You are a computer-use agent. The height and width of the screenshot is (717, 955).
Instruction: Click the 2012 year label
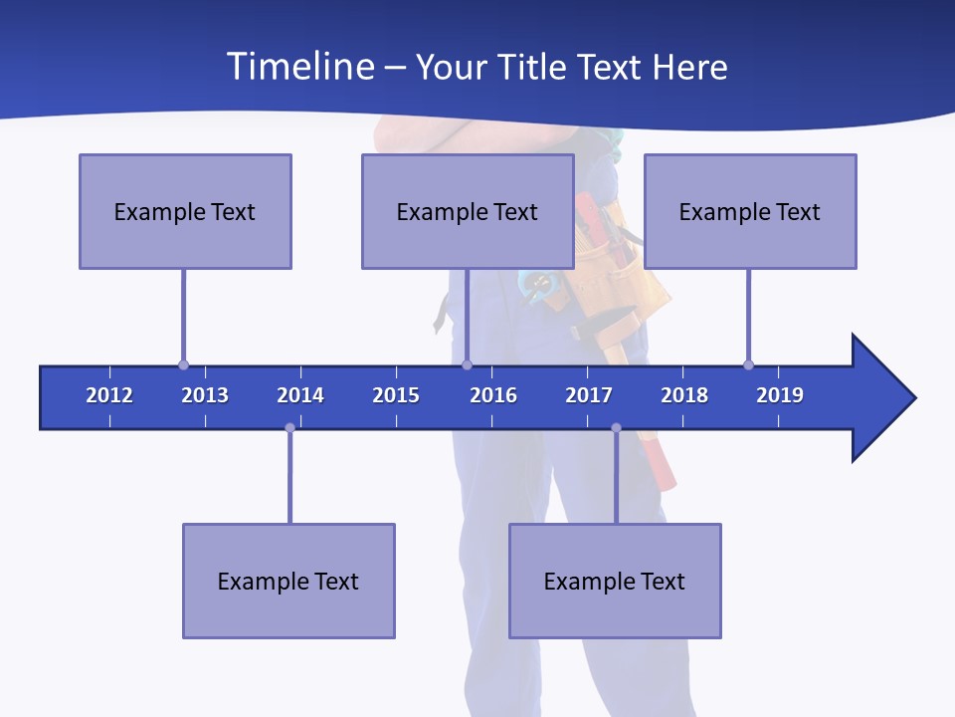pyautogui.click(x=109, y=395)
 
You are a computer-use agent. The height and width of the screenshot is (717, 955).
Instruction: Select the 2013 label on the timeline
pyautogui.click(x=205, y=395)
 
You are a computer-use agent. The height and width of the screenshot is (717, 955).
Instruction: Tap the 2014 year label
pyautogui.click(x=300, y=395)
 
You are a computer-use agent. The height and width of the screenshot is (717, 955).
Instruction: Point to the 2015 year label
pyautogui.click(x=396, y=395)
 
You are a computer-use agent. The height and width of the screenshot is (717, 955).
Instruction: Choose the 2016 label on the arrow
pyautogui.click(x=493, y=395)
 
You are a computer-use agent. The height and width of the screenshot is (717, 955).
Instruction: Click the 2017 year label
pyautogui.click(x=589, y=395)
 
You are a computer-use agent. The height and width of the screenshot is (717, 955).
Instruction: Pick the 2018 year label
pyautogui.click(x=684, y=395)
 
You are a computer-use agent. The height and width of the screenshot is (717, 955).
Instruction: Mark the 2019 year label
pyautogui.click(x=780, y=395)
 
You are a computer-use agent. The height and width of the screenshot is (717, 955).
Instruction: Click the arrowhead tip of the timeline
pyautogui.click(x=913, y=398)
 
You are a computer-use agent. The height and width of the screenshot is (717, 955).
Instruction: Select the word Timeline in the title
pyautogui.click(x=299, y=67)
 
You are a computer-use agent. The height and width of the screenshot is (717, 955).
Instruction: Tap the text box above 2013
pyautogui.click(x=185, y=211)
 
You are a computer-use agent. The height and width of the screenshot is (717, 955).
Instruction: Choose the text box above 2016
pyautogui.click(x=468, y=211)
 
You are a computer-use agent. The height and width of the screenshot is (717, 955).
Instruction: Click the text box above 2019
pyautogui.click(x=750, y=211)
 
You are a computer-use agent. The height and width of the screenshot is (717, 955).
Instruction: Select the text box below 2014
pyautogui.click(x=288, y=581)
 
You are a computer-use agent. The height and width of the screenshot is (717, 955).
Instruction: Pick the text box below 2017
pyautogui.click(x=615, y=581)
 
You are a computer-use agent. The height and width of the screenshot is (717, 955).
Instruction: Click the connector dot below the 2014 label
pyautogui.click(x=289, y=428)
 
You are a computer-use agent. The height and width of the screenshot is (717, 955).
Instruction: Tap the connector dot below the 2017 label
pyautogui.click(x=616, y=428)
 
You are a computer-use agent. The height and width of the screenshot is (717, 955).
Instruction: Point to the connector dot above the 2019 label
pyautogui.click(x=748, y=364)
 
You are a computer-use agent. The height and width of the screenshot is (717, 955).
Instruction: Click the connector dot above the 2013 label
pyautogui.click(x=183, y=364)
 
